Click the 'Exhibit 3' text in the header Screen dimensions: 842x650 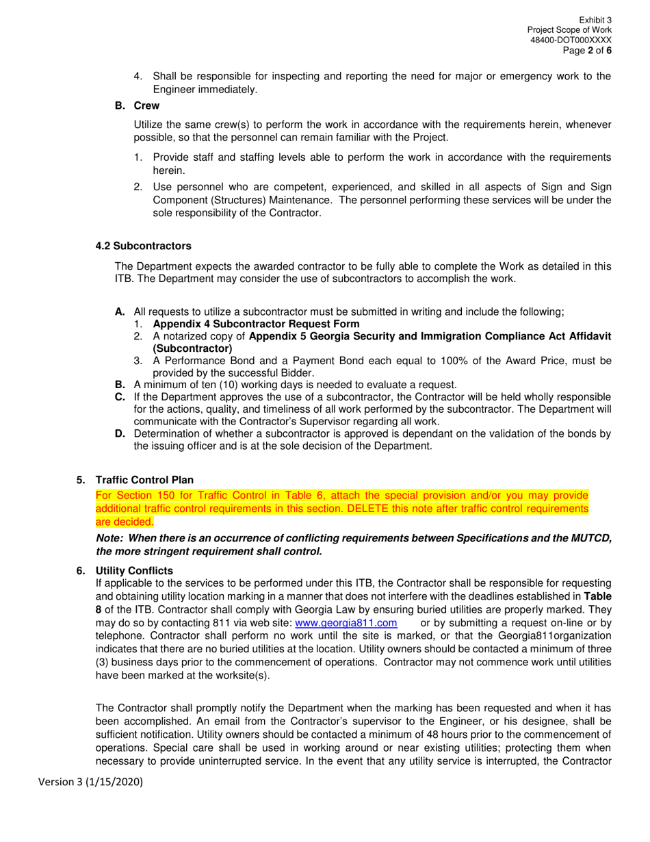[x=595, y=21]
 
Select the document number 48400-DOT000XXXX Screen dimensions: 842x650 [x=571, y=40]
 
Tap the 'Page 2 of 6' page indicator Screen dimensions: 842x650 [x=587, y=51]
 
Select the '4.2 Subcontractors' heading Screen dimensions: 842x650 [x=144, y=246]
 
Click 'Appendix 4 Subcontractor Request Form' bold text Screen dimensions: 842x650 [x=256, y=324]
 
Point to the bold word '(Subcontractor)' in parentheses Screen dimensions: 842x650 [x=192, y=348]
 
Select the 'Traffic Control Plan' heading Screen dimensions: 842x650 [x=144, y=480]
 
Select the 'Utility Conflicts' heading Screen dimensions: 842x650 [x=134, y=570]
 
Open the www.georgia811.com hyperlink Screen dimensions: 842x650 [x=346, y=623]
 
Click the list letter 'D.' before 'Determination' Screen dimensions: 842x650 [x=120, y=434]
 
